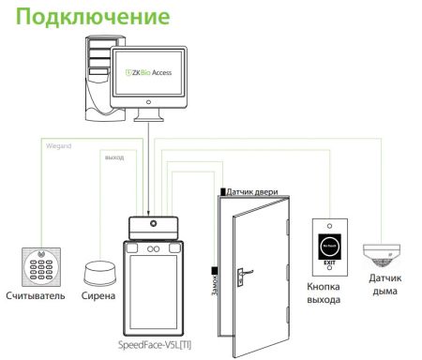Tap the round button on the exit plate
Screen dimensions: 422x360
(x=328, y=243)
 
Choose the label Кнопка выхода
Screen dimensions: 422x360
(x=328, y=292)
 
